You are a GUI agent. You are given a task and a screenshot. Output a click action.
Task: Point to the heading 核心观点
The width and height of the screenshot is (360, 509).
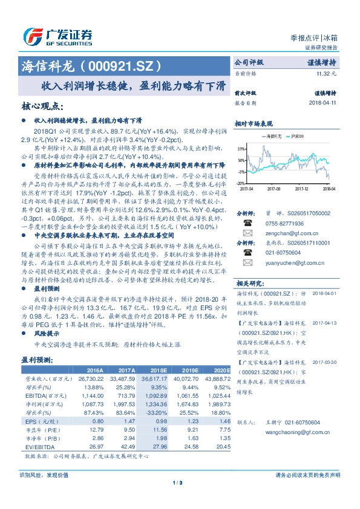click(x=42, y=106)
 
